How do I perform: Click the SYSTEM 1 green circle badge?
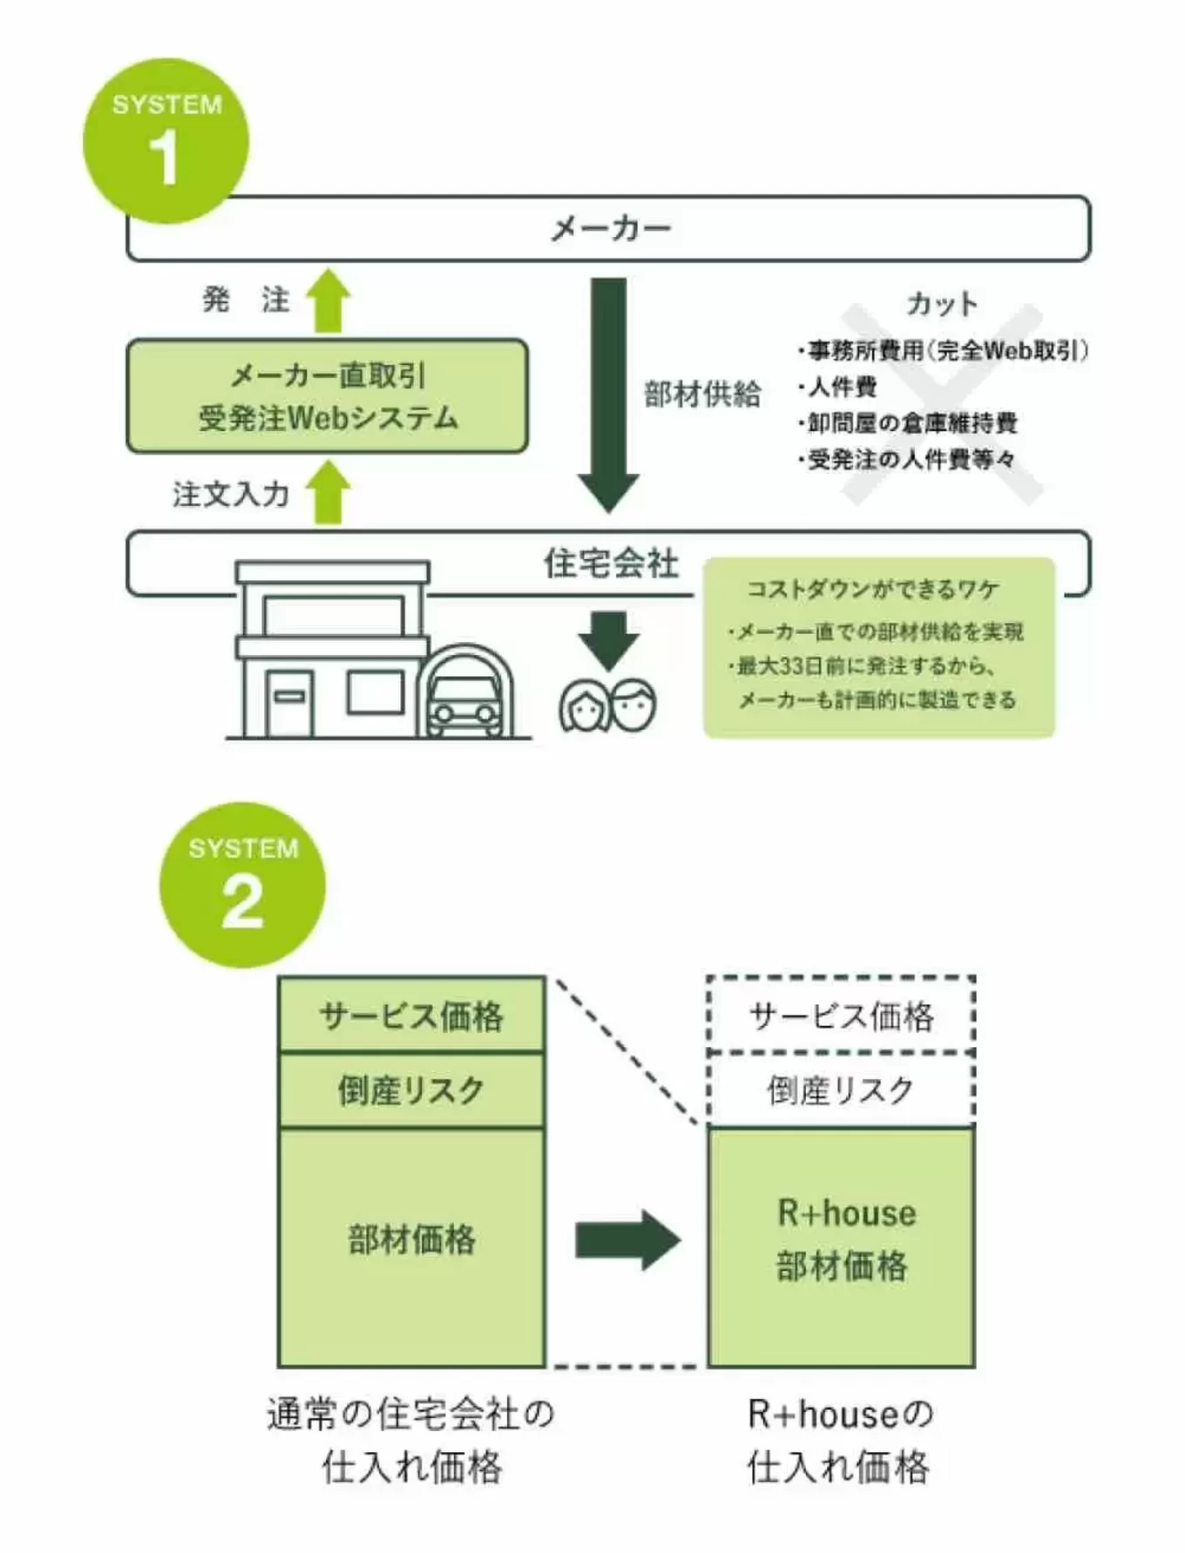pyautogui.click(x=166, y=141)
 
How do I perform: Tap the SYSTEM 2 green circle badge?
pyautogui.click(x=242, y=885)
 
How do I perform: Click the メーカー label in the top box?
pyautogui.click(x=610, y=228)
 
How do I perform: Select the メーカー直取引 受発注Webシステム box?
pyautogui.click(x=327, y=396)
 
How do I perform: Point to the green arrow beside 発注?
pyautogui.click(x=328, y=300)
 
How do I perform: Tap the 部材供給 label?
pyautogui.click(x=702, y=394)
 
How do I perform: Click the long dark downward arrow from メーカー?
pyautogui.click(x=608, y=392)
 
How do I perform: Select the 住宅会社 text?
pyautogui.click(x=610, y=564)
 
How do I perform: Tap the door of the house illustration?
pyautogui.click(x=289, y=702)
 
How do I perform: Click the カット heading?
pyautogui.click(x=942, y=303)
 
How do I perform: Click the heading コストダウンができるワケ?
pyautogui.click(x=872, y=590)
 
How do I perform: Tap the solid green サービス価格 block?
pyautogui.click(x=411, y=1016)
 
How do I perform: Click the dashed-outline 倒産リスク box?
pyautogui.click(x=841, y=1090)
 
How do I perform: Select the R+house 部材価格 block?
pyautogui.click(x=841, y=1246)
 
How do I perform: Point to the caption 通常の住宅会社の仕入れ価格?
pyautogui.click(x=410, y=1439)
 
